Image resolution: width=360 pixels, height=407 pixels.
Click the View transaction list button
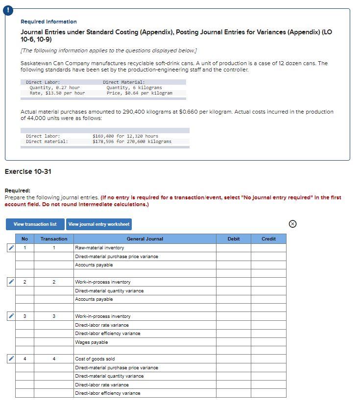35,224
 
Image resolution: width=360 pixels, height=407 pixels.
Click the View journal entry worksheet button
99,224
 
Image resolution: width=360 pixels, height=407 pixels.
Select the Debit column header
234,239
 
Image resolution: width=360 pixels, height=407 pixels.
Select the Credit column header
268,239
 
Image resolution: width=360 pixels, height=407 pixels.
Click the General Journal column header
144,239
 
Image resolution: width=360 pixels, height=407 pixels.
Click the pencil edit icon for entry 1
10,248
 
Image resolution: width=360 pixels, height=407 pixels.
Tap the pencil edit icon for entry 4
10,359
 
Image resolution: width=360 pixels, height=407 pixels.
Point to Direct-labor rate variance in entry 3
102,325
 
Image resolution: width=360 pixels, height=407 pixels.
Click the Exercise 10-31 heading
28,171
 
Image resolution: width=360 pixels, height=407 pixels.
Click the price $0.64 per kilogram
139,93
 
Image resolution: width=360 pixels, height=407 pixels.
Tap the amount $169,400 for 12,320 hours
125,136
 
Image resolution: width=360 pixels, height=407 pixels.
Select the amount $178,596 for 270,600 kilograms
132,142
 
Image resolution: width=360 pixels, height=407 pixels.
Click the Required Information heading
48,22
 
